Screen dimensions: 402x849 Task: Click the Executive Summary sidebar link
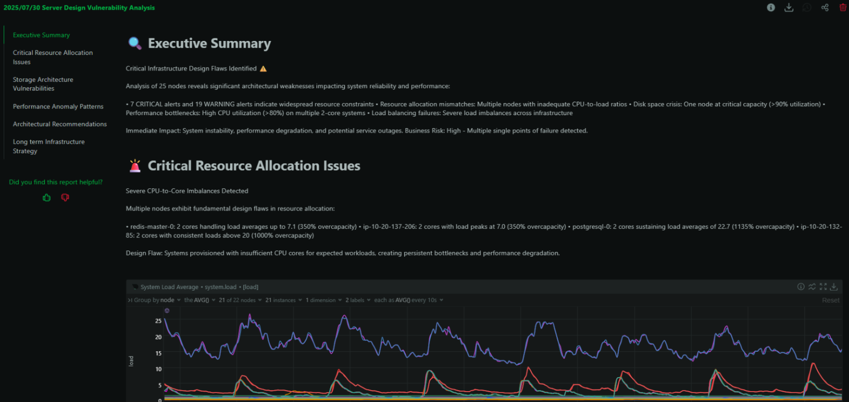41,35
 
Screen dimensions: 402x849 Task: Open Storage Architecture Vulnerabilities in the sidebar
43,84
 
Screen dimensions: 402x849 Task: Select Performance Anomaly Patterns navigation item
58,106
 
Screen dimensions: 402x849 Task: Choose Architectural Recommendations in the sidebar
60,124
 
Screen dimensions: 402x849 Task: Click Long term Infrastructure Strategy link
49,146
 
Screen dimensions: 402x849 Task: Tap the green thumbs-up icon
47,198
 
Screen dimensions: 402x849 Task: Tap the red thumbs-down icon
65,198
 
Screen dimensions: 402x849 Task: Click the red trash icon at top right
843,7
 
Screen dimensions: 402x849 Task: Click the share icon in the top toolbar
825,7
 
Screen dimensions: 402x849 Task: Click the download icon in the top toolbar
789,7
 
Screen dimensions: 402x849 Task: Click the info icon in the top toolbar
771,7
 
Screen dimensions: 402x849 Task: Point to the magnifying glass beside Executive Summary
135,43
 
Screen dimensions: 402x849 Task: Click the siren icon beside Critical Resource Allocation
135,165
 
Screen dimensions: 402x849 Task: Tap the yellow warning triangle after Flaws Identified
263,68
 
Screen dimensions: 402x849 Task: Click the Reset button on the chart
830,300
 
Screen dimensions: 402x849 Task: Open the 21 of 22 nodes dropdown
240,300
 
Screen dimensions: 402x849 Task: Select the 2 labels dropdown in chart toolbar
358,300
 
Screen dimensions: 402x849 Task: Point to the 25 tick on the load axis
158,321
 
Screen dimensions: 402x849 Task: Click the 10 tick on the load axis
158,369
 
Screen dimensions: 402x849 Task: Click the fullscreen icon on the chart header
823,287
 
